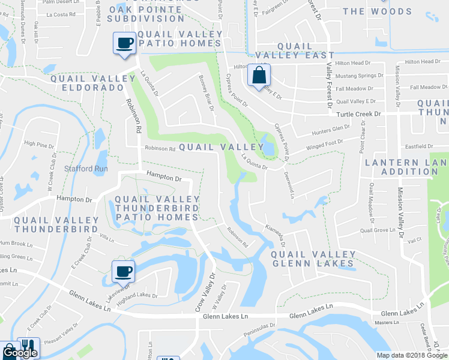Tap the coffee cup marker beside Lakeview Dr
point(123,271)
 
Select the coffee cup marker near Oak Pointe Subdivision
point(125,44)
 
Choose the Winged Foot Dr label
point(324,145)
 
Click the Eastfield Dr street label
point(418,146)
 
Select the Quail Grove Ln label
point(375,230)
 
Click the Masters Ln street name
point(382,322)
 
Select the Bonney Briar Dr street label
point(206,92)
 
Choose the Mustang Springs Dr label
point(359,76)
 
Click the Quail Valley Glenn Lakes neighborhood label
point(313,259)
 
